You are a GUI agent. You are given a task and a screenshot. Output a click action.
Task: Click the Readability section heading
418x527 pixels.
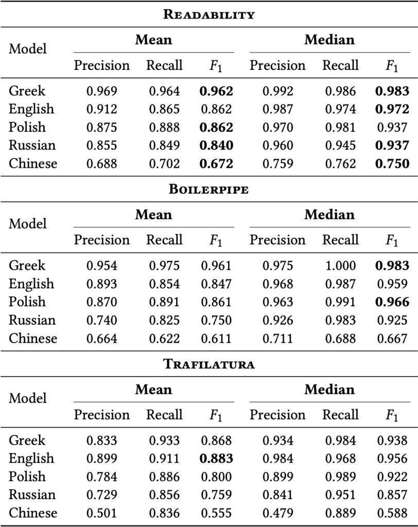209,14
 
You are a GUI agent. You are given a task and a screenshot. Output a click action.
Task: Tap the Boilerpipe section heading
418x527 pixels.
209,189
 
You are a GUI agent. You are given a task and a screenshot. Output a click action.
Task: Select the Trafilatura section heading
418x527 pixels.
209,364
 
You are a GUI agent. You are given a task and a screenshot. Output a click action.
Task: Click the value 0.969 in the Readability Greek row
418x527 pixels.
101,91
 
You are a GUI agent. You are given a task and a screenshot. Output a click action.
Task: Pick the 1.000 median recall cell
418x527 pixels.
340,266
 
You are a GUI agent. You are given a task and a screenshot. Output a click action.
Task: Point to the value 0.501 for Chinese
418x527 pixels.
101,513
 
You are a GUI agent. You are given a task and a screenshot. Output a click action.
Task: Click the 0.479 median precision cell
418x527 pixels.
277,513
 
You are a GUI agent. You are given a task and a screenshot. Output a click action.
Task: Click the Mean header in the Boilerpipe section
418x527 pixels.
153,214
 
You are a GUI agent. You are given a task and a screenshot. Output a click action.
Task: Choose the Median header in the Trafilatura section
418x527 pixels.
329,389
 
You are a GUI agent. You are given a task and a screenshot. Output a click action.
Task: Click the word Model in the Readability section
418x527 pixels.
28,49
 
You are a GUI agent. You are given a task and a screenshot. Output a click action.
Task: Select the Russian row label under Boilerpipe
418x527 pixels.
32,320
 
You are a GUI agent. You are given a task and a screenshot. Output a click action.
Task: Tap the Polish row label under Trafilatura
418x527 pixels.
27,477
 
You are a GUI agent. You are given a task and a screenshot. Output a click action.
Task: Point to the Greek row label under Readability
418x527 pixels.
27,91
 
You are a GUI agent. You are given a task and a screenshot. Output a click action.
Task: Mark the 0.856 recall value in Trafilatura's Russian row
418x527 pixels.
164,495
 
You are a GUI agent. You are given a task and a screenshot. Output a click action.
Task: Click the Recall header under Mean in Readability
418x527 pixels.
164,65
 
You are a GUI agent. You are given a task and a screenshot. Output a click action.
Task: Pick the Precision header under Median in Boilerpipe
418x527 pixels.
277,240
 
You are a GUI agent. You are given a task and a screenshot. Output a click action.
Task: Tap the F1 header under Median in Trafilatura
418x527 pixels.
392,415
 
